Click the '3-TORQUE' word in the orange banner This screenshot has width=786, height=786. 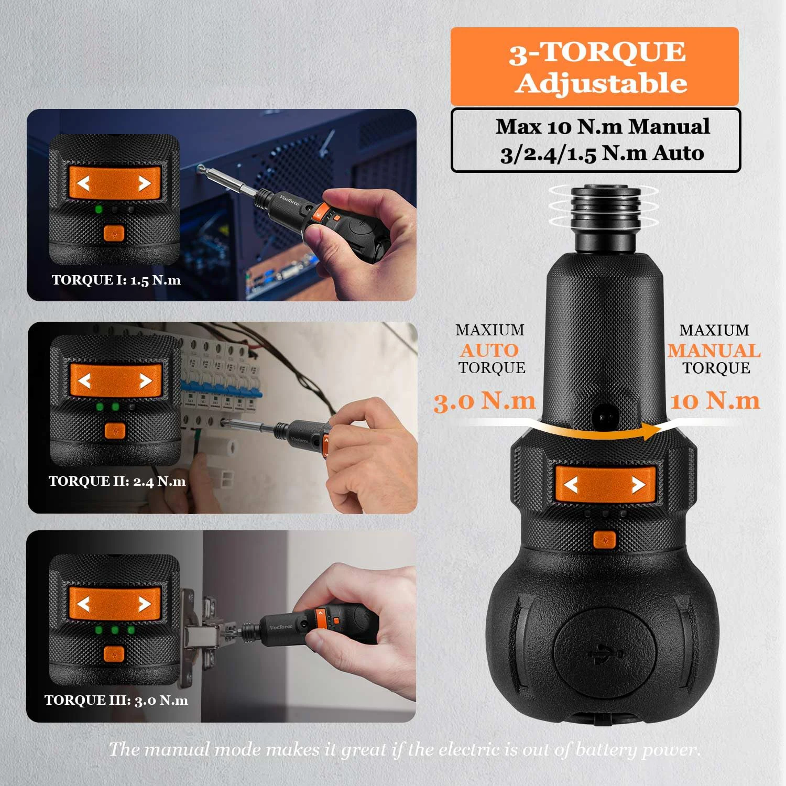pos(597,51)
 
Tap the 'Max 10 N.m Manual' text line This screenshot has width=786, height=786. pos(603,127)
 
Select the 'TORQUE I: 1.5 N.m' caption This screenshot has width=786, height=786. pos(116,280)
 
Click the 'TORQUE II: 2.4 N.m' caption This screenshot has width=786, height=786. pos(117,481)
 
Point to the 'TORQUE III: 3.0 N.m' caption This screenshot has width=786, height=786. pos(116,700)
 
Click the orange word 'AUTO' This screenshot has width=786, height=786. pos(489,350)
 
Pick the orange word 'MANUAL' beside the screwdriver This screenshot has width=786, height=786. pos(714,350)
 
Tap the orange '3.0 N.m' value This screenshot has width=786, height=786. pos(485,401)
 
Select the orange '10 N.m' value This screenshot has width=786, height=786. pos(715,401)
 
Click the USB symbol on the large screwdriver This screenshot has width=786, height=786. pos(605,653)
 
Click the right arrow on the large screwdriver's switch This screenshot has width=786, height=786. pos(638,485)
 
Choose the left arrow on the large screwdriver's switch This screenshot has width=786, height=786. pos(571,485)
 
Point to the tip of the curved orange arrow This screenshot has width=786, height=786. pos(659,431)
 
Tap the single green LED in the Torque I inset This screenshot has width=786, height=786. pos(98,210)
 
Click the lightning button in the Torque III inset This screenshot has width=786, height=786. pos(114,654)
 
